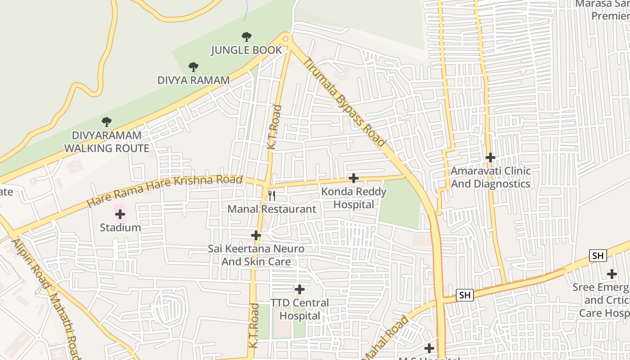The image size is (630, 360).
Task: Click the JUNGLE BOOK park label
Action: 247,50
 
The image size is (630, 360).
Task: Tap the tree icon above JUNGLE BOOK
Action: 247,37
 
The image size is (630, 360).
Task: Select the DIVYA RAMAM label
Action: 193,80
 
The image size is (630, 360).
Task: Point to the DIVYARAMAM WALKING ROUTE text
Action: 107,142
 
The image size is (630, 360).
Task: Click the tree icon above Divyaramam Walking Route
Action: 107,121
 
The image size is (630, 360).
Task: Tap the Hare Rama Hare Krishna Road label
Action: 165,191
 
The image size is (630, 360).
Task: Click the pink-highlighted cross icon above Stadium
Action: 120,214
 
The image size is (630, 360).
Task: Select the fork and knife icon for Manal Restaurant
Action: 271,195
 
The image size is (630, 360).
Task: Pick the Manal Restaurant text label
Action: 271,209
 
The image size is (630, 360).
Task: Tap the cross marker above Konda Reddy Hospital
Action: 354,178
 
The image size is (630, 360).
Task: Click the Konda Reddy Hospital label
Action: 354,198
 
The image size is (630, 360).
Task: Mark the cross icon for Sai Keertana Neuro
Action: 256,235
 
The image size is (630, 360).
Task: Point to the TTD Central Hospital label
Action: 300,310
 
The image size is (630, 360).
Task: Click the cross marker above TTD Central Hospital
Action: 300,289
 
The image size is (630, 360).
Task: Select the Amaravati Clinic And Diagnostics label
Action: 490,178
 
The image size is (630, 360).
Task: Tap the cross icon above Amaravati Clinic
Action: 490,157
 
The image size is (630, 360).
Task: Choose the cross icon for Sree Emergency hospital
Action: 612,274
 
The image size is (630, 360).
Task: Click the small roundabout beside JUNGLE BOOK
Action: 285,39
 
